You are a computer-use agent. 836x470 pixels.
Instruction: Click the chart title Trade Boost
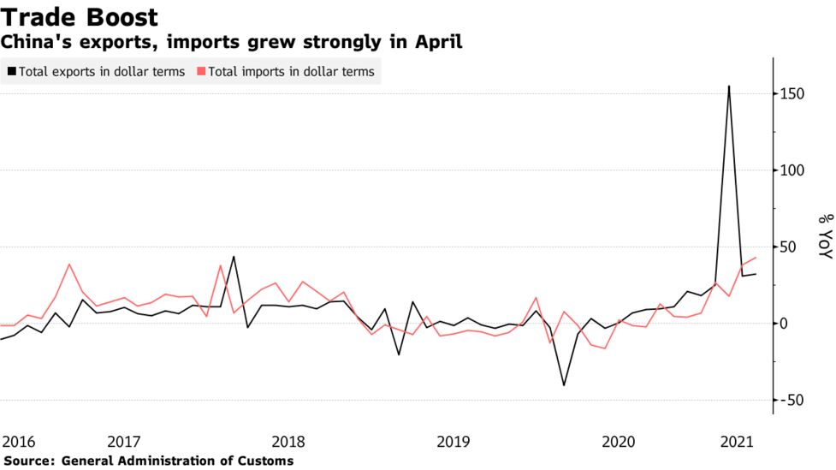pos(80,17)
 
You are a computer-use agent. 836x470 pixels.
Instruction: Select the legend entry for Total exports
pos(101,72)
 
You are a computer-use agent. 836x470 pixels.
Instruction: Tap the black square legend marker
pos(11,72)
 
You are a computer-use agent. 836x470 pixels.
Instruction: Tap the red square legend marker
pos(201,72)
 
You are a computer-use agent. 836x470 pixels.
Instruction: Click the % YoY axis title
pos(824,235)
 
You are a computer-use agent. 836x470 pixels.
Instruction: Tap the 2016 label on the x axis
pos(19,442)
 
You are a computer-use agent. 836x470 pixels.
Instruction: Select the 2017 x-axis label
pos(124,442)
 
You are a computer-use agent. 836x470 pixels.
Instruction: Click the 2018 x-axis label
pos(288,442)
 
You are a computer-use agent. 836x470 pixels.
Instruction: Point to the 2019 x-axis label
pos(454,442)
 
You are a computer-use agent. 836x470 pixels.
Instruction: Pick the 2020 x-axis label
pos(619,442)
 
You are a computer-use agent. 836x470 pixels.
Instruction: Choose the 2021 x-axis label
pos(737,442)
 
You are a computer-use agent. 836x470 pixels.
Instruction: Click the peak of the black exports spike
pos(729,86)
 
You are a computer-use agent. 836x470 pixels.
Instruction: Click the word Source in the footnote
pos(27,461)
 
